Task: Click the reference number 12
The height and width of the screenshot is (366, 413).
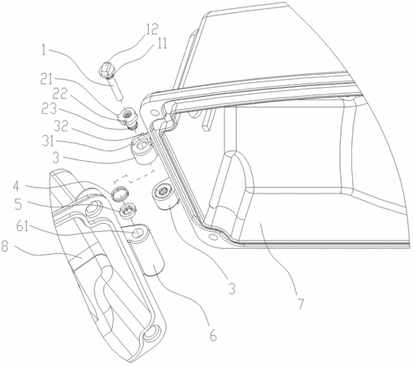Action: click(151, 29)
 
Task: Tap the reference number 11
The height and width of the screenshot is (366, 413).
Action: click(161, 43)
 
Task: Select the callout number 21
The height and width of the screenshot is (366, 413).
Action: click(48, 81)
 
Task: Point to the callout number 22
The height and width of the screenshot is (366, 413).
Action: click(59, 94)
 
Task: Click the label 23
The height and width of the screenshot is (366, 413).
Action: click(49, 110)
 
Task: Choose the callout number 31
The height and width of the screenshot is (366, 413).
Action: click(48, 141)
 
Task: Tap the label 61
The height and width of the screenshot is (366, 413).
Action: click(22, 227)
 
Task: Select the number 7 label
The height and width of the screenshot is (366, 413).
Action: click(300, 303)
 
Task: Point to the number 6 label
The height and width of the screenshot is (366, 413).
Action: click(213, 336)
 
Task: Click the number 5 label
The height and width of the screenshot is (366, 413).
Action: click(18, 205)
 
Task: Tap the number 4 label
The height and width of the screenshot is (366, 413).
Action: click(16, 187)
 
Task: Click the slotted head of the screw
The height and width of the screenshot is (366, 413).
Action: click(104, 69)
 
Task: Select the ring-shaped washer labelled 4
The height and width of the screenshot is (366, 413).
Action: click(120, 194)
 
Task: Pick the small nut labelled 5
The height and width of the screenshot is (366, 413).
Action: click(127, 211)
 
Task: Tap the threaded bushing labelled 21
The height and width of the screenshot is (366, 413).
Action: click(128, 116)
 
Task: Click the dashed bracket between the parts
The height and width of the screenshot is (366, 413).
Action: click(134, 176)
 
